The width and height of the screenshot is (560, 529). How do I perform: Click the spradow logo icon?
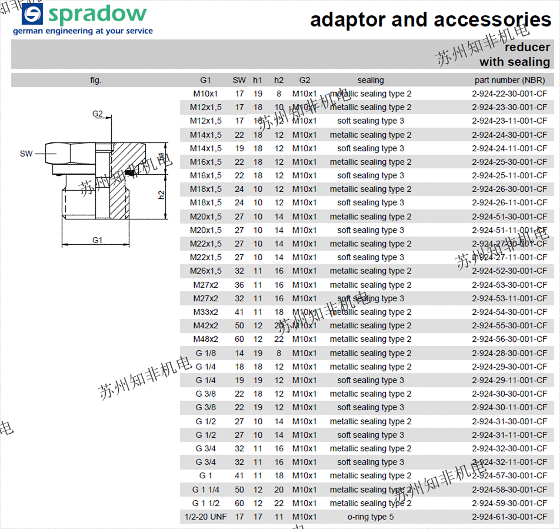coord(32,14)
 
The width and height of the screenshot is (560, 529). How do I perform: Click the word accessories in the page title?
coord(492,19)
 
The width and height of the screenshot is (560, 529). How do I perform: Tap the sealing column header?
coord(371,80)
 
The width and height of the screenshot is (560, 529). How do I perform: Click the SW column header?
coord(239,80)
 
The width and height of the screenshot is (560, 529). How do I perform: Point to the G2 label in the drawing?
coord(98,114)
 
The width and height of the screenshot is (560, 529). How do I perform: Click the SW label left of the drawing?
coord(26,154)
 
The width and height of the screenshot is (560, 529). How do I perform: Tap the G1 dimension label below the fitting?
coord(98,240)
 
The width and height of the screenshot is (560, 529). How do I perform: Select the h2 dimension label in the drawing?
coord(162,194)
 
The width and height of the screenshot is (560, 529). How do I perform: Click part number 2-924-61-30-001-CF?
coord(509,517)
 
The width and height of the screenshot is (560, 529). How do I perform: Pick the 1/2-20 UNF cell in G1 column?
coord(205,517)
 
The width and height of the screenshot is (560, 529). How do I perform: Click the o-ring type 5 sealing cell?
coord(371,517)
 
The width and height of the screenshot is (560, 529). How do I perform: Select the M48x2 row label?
coord(205,340)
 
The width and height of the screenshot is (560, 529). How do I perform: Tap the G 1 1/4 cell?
coord(205,490)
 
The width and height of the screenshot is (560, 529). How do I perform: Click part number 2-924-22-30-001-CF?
coord(509,94)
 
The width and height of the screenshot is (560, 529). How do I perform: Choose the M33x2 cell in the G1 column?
coord(205,312)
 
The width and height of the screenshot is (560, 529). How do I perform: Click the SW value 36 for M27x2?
coord(239,285)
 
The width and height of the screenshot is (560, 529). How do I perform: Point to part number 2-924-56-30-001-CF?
coord(509,340)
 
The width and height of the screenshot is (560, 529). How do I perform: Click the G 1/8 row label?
coord(205,353)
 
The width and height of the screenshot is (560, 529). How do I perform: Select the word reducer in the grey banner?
coord(527,47)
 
